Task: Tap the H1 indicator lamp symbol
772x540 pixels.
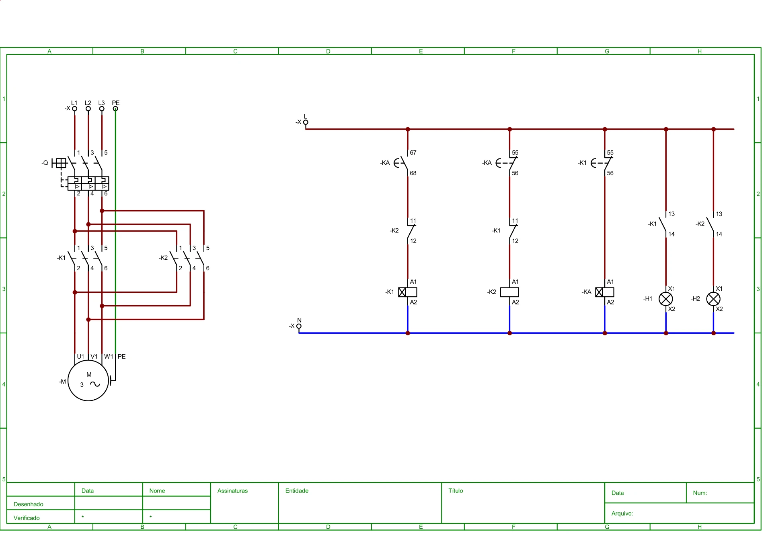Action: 666,299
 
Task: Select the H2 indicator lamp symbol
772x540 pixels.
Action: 713,299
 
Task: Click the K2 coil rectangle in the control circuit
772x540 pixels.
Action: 509,292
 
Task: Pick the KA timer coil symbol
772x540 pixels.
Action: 605,292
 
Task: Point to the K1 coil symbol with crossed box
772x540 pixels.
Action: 408,292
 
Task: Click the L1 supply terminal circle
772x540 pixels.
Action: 74,109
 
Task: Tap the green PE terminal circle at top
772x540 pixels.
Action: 115,109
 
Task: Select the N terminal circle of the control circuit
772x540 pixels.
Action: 299,326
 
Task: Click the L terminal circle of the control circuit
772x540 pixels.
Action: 306,122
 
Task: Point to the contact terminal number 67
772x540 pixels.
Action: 413,153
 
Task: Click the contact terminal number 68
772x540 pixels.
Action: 413,173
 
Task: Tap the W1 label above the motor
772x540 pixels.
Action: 109,357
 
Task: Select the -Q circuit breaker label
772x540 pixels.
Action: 45,163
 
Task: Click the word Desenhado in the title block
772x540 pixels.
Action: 28,504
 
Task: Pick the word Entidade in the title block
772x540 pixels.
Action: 297,491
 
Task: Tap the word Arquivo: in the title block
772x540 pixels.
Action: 622,513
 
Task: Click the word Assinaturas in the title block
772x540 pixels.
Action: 232,491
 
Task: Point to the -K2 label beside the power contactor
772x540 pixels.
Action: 163,258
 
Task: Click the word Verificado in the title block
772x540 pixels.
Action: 27,518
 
